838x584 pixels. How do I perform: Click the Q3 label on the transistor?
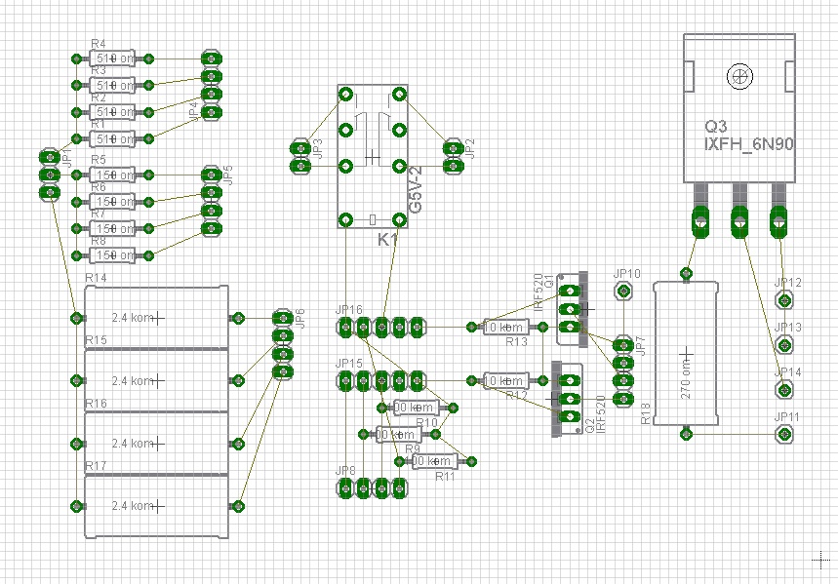[x=716, y=127]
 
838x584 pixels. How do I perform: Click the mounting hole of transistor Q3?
[x=741, y=75]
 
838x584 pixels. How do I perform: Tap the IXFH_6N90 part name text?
[x=749, y=144]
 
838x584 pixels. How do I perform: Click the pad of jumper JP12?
[x=782, y=300]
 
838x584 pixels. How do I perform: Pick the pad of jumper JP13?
[x=782, y=344]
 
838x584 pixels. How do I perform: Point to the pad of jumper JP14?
[x=782, y=389]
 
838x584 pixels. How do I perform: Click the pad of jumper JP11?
[x=782, y=434]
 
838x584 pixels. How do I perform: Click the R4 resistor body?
[x=113, y=58]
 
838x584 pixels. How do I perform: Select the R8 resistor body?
[x=113, y=255]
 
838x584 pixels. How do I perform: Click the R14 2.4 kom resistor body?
[x=156, y=318]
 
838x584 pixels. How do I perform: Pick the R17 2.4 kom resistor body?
[x=156, y=506]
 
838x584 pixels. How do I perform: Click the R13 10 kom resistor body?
[x=506, y=327]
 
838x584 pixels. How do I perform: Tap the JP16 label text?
[x=348, y=310]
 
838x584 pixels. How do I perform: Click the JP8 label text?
[x=345, y=471]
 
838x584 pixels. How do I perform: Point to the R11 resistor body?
[x=433, y=460]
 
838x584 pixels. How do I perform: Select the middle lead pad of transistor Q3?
[x=740, y=222]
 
